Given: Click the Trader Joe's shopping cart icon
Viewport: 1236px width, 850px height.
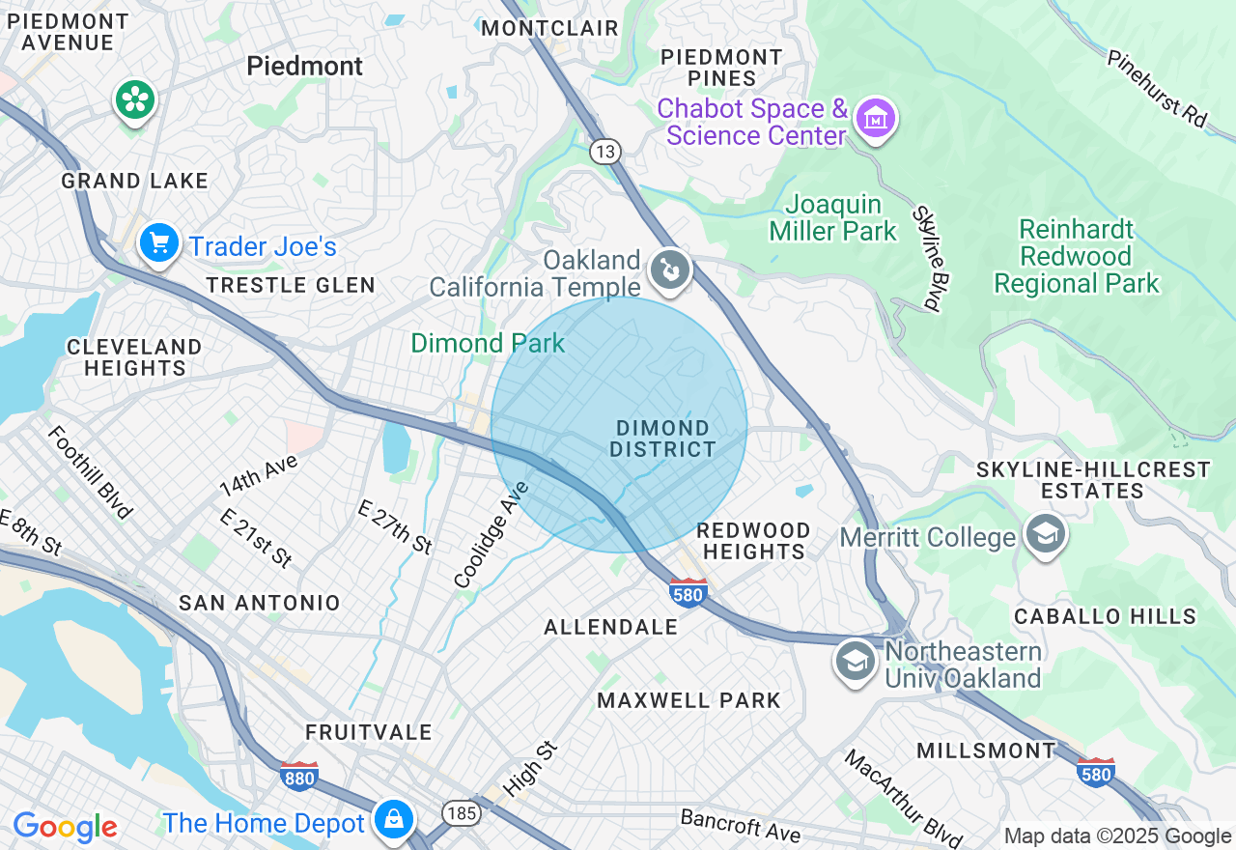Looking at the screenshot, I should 158,242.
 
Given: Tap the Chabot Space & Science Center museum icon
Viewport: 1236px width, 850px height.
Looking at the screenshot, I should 876,120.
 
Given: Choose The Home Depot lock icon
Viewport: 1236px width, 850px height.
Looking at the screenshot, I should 393,819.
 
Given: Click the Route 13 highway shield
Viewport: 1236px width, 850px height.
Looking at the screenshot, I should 605,151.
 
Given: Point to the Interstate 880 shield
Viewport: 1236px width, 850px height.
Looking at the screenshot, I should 298,775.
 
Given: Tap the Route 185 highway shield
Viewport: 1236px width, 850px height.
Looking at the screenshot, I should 463,813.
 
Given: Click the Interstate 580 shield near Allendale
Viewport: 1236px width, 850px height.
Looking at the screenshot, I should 688,591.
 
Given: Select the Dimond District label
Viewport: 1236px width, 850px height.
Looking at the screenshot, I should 662,439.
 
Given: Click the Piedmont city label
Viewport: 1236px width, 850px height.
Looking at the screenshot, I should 305,66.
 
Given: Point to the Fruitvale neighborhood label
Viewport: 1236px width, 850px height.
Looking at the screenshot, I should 369,732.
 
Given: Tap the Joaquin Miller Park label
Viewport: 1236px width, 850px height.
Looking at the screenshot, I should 833,218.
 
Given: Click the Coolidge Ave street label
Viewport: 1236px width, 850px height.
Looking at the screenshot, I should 492,533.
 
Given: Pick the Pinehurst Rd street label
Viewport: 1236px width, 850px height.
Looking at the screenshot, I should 1157,89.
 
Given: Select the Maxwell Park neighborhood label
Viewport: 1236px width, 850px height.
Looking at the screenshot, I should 688,700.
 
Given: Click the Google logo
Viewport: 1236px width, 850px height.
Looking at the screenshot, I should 65,827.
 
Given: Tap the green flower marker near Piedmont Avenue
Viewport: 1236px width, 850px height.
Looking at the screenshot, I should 136,99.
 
